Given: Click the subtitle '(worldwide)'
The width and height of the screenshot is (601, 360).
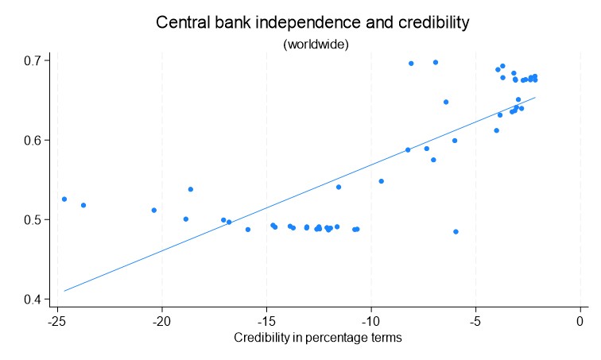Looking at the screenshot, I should (316, 45).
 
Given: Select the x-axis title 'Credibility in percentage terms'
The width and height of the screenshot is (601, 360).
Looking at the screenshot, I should (318, 338).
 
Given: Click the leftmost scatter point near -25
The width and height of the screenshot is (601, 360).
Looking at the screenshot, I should (64, 199).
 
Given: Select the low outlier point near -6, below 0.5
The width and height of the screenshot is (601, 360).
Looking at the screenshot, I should (456, 231).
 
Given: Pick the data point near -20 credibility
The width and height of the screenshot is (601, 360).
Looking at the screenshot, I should (153, 210).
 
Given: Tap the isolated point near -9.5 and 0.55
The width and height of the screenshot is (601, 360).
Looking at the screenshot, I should (382, 181).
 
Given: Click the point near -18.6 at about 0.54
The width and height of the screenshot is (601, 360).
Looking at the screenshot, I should (191, 189).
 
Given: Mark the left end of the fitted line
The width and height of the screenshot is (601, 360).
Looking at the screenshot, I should (64, 291).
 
